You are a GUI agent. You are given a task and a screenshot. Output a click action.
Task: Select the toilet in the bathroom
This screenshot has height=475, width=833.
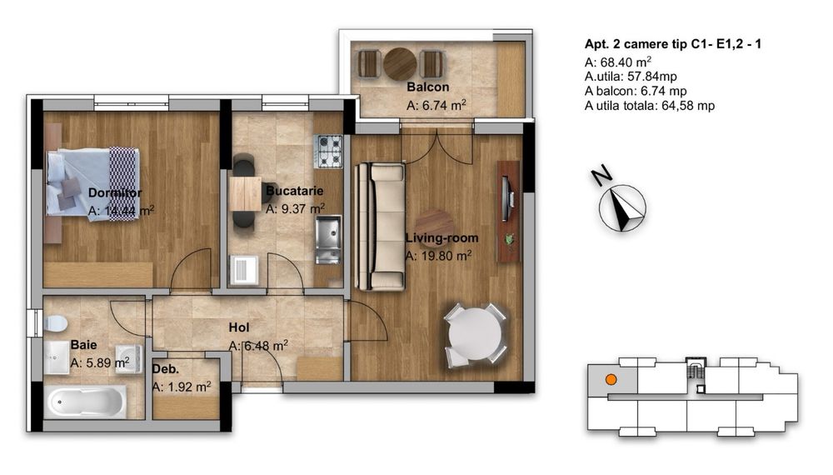(x=55, y=322)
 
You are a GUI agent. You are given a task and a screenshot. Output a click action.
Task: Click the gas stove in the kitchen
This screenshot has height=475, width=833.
(x=328, y=151)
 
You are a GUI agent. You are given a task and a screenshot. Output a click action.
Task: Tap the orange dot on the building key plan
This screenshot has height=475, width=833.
(x=611, y=379)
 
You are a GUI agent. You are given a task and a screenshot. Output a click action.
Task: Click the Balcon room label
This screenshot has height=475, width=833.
(x=427, y=87)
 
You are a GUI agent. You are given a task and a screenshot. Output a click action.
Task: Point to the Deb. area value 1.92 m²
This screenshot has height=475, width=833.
(x=182, y=387)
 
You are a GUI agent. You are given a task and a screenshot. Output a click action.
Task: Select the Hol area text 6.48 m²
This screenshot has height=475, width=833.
(x=259, y=345)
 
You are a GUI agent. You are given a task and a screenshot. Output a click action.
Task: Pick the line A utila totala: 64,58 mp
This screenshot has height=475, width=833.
(x=650, y=106)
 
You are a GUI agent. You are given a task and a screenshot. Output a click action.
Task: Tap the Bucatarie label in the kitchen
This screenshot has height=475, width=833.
(x=294, y=192)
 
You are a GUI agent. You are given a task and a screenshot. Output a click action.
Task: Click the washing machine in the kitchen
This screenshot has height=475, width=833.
(x=246, y=270)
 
